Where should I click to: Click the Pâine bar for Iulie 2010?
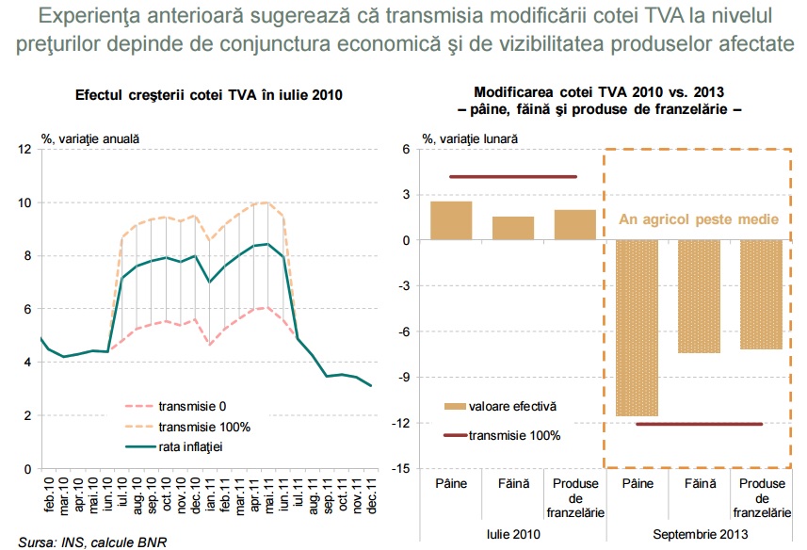pos(451,221)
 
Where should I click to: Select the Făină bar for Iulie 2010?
pos(513,229)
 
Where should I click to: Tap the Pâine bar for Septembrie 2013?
pos(638,328)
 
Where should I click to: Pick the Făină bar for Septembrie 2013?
pos(700,297)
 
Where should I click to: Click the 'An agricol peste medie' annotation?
pos(698,220)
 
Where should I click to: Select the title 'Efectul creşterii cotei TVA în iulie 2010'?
pos(208,95)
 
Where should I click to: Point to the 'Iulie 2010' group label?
pos(513,533)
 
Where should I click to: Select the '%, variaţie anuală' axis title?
pos(90,137)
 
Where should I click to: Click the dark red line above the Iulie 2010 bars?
pos(512,177)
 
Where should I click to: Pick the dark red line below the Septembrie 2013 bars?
pos(699,424)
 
